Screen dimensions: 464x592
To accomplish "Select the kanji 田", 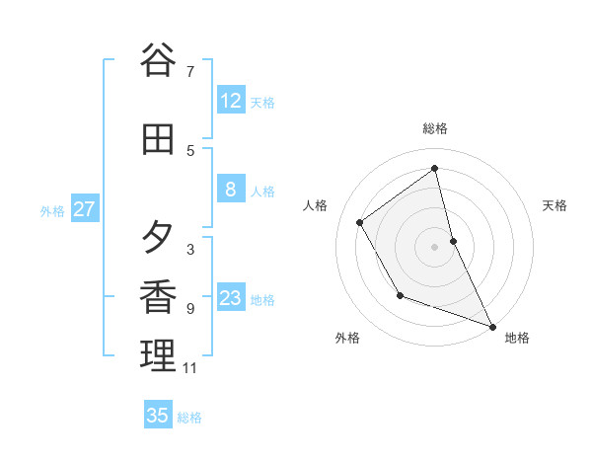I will [x=157, y=140].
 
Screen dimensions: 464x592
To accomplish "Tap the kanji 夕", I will [x=157, y=237].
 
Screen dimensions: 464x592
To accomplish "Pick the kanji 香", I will [x=157, y=296].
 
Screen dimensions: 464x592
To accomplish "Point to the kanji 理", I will [x=157, y=355].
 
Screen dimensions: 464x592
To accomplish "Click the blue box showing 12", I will [x=230, y=101].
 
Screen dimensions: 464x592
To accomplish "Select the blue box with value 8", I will [x=230, y=190].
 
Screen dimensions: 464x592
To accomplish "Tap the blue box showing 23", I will [x=230, y=298].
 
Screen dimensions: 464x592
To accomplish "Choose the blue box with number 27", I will [x=84, y=209].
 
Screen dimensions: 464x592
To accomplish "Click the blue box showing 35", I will [x=158, y=416].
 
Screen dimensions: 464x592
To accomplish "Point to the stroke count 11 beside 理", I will [x=189, y=368].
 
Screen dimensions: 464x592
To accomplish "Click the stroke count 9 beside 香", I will [x=189, y=309].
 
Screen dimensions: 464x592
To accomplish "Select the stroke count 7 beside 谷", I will [x=189, y=71].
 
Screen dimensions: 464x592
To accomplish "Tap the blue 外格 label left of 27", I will [x=52, y=210].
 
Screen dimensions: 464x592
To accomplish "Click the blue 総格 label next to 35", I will [x=189, y=418].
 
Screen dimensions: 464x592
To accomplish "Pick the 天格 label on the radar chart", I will [x=555, y=205].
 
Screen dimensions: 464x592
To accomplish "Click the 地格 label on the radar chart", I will [x=517, y=338].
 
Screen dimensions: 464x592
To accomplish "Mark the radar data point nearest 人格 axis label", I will [x=360, y=222].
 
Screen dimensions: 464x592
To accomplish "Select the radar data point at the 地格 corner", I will [x=492, y=326].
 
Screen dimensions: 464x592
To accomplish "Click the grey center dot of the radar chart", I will [x=434, y=246].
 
